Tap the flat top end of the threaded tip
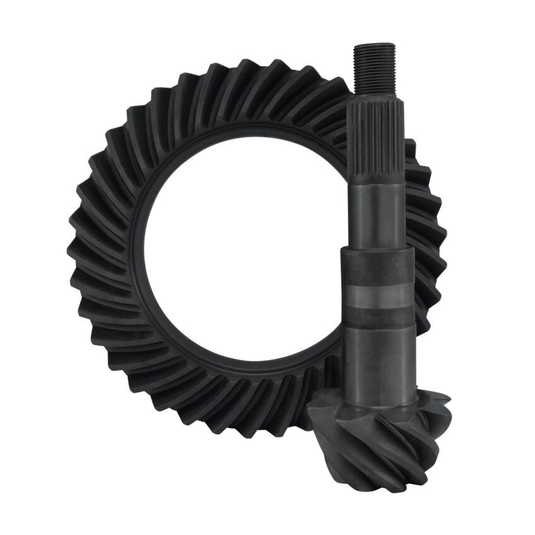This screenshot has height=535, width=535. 374,45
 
